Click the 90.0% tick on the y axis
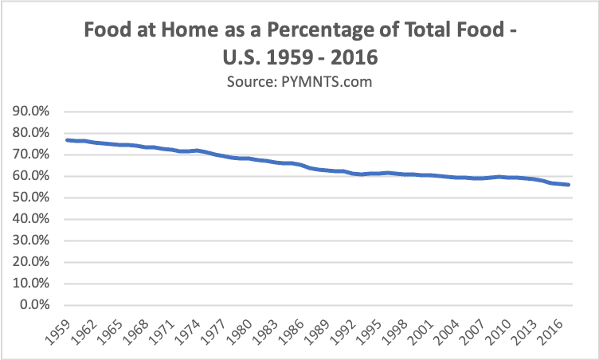coord(31,112)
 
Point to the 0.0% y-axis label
coord(34,305)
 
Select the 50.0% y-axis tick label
coord(31,198)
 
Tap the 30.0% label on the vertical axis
coord(31,241)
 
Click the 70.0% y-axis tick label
coord(31,155)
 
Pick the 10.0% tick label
coord(31,284)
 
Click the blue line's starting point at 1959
coord(67,140)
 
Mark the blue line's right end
coord(568,185)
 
